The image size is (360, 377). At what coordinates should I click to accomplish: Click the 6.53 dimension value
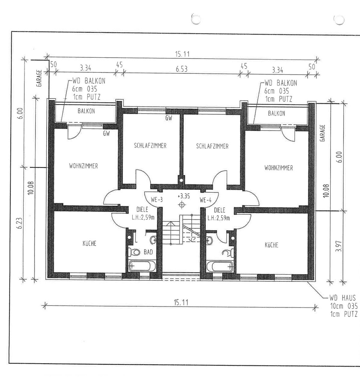tap(181, 69)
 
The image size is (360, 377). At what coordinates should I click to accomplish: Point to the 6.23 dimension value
tap(20, 223)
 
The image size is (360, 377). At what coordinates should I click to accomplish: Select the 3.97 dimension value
tap(338, 246)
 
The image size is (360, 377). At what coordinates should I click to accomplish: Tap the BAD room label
tap(148, 252)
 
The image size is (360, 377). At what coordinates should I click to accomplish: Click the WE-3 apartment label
tap(157, 200)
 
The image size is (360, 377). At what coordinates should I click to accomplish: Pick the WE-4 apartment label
tap(206, 200)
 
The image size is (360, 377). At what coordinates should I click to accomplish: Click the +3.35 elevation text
tap(184, 196)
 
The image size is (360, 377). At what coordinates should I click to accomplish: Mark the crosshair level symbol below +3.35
tap(182, 205)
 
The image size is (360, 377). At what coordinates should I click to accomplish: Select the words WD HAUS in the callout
tap(343, 298)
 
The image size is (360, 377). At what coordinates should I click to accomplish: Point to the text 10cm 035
tap(344, 306)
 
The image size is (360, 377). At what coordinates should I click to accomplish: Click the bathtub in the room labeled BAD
tap(140, 266)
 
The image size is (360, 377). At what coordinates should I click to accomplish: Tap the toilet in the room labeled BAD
tap(134, 252)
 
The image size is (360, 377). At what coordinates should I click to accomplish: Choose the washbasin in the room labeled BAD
tap(153, 240)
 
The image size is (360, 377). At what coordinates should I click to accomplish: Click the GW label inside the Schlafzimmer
tap(169, 118)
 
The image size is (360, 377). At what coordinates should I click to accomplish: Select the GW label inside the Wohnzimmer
tap(106, 133)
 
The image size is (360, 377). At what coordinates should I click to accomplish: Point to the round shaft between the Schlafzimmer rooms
tap(181, 180)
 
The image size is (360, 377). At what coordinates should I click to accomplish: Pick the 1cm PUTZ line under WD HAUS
tap(344, 314)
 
